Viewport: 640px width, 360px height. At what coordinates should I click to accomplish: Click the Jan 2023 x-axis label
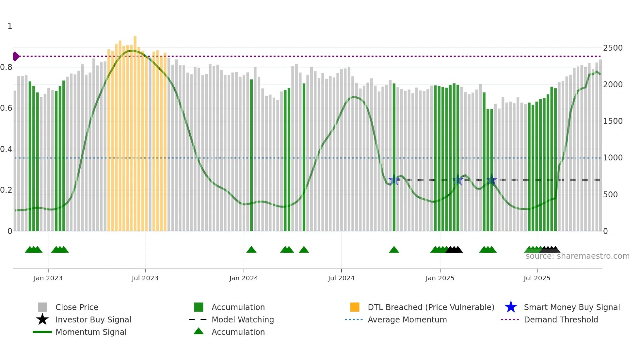(48, 278)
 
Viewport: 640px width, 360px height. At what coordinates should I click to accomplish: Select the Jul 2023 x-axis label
(145, 278)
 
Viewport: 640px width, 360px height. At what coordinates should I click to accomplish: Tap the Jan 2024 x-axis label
(244, 278)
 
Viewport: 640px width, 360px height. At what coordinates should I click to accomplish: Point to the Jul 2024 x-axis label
(341, 278)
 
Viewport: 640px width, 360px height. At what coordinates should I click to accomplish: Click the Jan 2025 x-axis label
(440, 278)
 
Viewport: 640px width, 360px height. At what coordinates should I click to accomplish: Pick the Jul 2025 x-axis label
(537, 278)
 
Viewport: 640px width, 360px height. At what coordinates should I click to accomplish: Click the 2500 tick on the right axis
(613, 48)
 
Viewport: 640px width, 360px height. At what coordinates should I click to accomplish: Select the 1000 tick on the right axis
(613, 158)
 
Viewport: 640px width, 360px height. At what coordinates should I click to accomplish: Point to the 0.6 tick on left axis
(7, 108)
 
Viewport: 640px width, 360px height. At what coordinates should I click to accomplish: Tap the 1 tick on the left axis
(10, 26)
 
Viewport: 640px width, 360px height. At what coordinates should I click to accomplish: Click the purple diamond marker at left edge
(16, 56)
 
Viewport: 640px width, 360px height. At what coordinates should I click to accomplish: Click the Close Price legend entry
(77, 307)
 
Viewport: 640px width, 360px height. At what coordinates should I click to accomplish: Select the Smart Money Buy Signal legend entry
(572, 307)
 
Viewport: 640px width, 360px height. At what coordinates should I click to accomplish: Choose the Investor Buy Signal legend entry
(93, 319)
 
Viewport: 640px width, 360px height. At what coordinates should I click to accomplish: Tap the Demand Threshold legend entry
(561, 319)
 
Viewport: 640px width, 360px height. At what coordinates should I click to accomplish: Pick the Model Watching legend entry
(243, 319)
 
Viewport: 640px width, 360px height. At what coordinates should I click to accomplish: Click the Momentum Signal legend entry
(91, 332)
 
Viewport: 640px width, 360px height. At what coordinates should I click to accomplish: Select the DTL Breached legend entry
(431, 307)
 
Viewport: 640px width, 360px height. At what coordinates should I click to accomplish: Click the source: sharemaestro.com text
(577, 256)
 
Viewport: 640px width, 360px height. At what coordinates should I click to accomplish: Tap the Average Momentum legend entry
(407, 319)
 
